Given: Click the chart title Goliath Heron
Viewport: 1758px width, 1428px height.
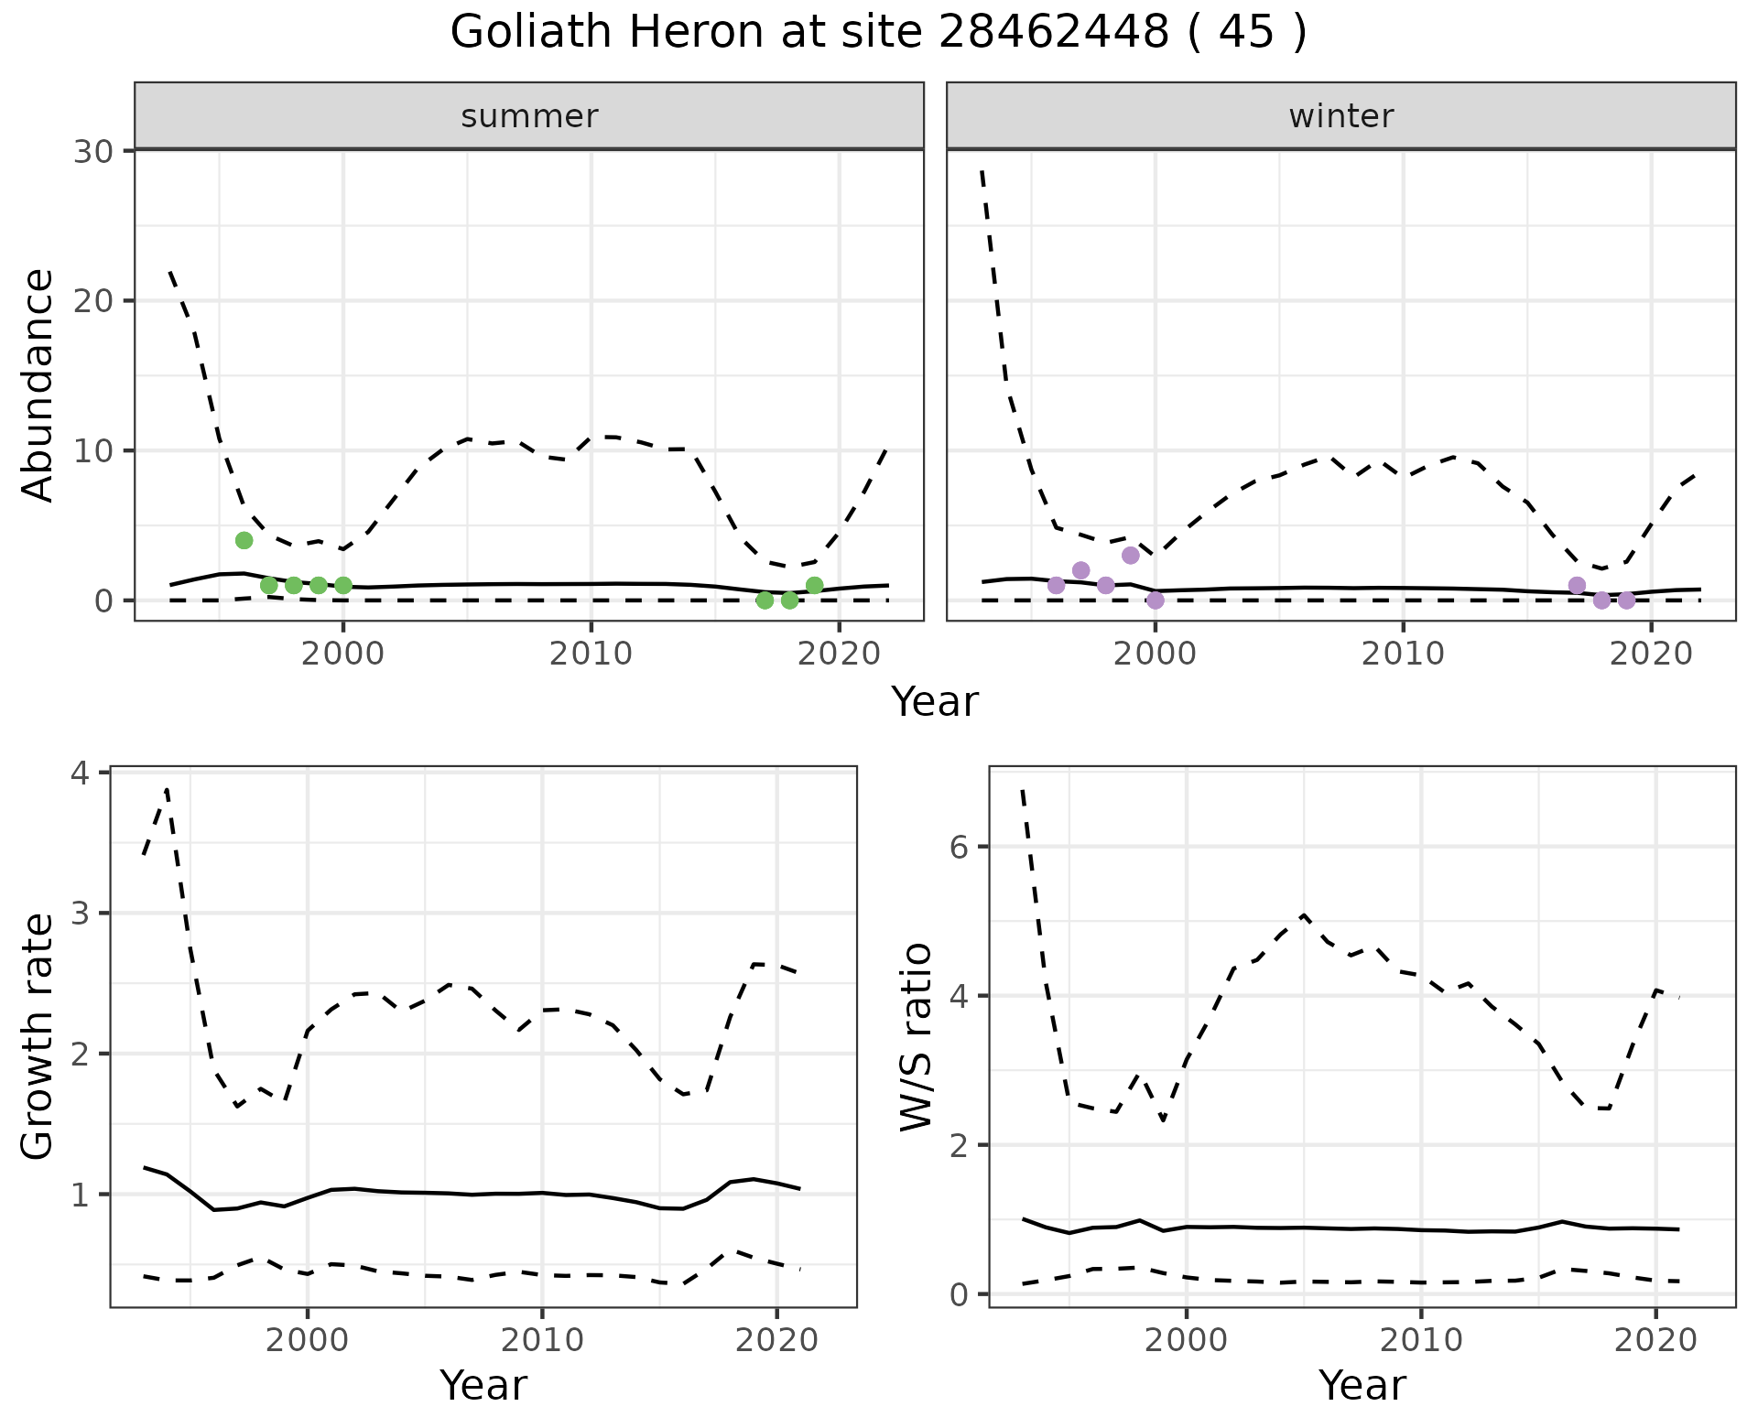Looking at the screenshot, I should point(878,33).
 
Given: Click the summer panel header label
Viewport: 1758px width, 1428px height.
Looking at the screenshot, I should point(529,116).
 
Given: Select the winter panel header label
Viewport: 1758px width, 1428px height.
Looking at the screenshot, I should point(1340,116).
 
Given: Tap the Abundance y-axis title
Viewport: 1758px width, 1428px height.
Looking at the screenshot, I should point(38,385).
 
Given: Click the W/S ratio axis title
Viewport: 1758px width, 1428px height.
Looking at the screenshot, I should point(916,1036).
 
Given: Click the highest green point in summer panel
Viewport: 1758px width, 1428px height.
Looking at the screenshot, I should point(244,540).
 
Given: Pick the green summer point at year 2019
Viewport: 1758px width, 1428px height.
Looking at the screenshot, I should point(814,585).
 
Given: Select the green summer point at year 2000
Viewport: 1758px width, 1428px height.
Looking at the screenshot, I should point(342,585).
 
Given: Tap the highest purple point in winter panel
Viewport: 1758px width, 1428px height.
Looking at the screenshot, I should point(1130,555).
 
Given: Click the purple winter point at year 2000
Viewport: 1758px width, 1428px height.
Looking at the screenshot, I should point(1155,600).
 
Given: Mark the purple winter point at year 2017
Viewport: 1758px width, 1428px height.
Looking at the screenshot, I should point(1576,585).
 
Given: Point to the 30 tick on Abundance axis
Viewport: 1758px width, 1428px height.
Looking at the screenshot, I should point(92,151).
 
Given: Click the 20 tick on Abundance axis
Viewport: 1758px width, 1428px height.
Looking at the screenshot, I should point(92,301).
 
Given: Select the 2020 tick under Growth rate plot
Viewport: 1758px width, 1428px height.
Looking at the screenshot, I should point(776,1340).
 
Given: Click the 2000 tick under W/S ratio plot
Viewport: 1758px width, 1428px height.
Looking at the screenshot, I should point(1187,1340).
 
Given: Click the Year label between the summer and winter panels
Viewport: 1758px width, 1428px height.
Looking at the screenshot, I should point(934,702).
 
